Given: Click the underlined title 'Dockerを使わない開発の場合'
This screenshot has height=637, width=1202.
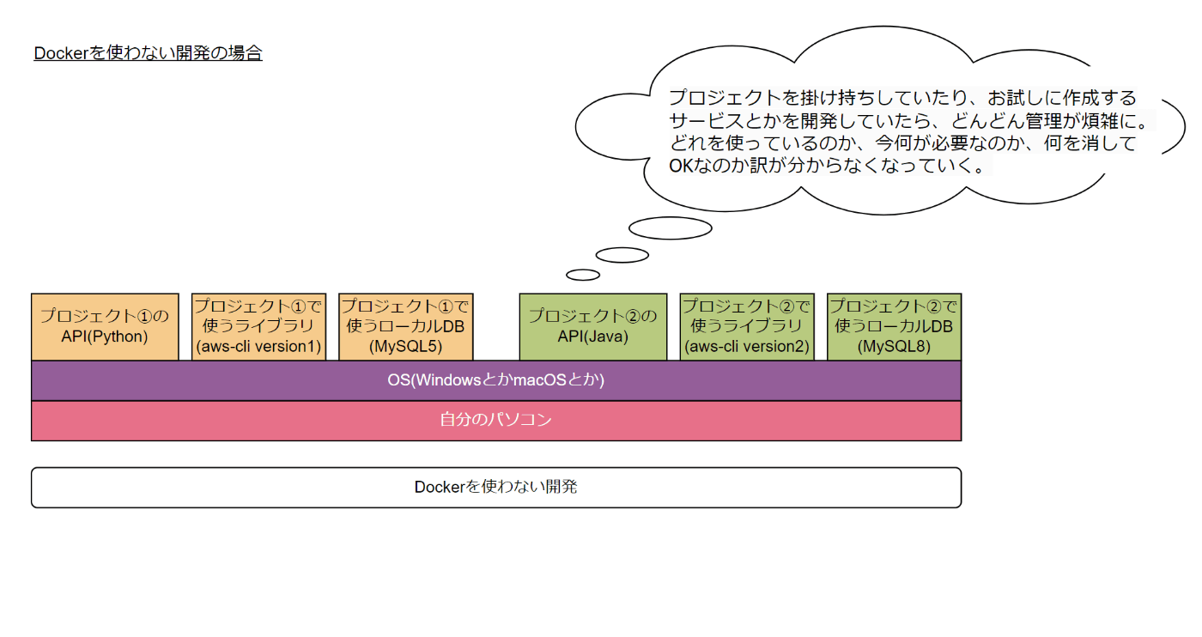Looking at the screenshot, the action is coord(148,53).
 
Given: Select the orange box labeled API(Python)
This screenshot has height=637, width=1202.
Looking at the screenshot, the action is coord(105,327).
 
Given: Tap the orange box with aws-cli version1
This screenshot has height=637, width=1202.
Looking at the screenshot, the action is coord(258,327).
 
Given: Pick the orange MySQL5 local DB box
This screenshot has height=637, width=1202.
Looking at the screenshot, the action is coord(405,327).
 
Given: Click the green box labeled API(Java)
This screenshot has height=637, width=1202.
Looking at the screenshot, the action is coord(593,327).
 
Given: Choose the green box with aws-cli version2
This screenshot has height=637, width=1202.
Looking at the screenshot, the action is coord(747,327).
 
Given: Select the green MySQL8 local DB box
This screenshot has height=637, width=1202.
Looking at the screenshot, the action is coord(894,327).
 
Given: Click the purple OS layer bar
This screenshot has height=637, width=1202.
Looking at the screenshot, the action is coord(496,380).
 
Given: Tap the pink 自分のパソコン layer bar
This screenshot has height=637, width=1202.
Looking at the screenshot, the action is coord(496,421).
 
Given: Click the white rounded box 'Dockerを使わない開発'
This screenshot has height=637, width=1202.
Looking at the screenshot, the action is coord(496,488).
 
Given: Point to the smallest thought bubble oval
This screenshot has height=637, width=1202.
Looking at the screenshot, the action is coord(583,276).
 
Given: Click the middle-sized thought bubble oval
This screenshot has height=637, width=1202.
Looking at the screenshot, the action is coord(622,255).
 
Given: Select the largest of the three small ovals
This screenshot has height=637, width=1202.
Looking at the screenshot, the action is coord(671,228).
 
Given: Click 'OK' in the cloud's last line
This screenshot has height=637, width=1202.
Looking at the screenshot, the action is coord(682,166).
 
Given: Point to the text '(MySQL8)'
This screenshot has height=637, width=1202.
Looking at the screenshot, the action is coord(894,346).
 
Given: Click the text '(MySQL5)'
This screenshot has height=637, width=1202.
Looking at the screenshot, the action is coord(405,346).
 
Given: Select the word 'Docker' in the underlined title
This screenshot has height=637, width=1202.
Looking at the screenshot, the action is coord(61,53).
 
